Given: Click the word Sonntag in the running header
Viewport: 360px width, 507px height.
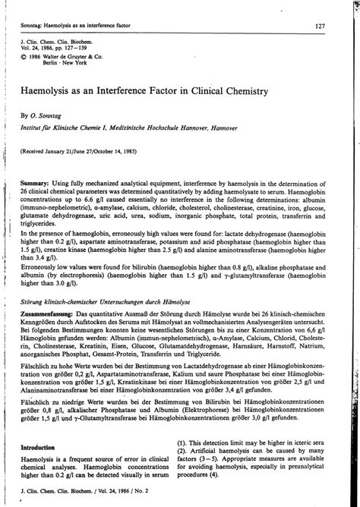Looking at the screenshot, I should (36, 27).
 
